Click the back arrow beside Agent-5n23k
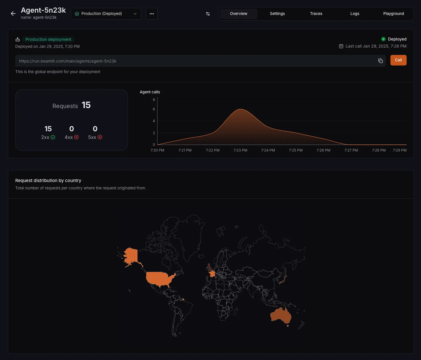(13, 14)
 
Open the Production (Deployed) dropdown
(106, 14)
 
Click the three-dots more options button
(152, 14)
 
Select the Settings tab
(277, 14)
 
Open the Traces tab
(316, 14)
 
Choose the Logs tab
(355, 14)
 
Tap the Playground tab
(393, 14)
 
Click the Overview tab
(238, 14)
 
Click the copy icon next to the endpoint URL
(380, 61)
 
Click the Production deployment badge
(48, 39)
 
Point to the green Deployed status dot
(383, 39)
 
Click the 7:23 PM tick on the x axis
(240, 150)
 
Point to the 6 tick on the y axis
(154, 109)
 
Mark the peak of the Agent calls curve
(240, 109)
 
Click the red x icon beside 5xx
(100, 137)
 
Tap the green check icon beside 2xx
(53, 137)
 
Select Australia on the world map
(280, 315)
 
